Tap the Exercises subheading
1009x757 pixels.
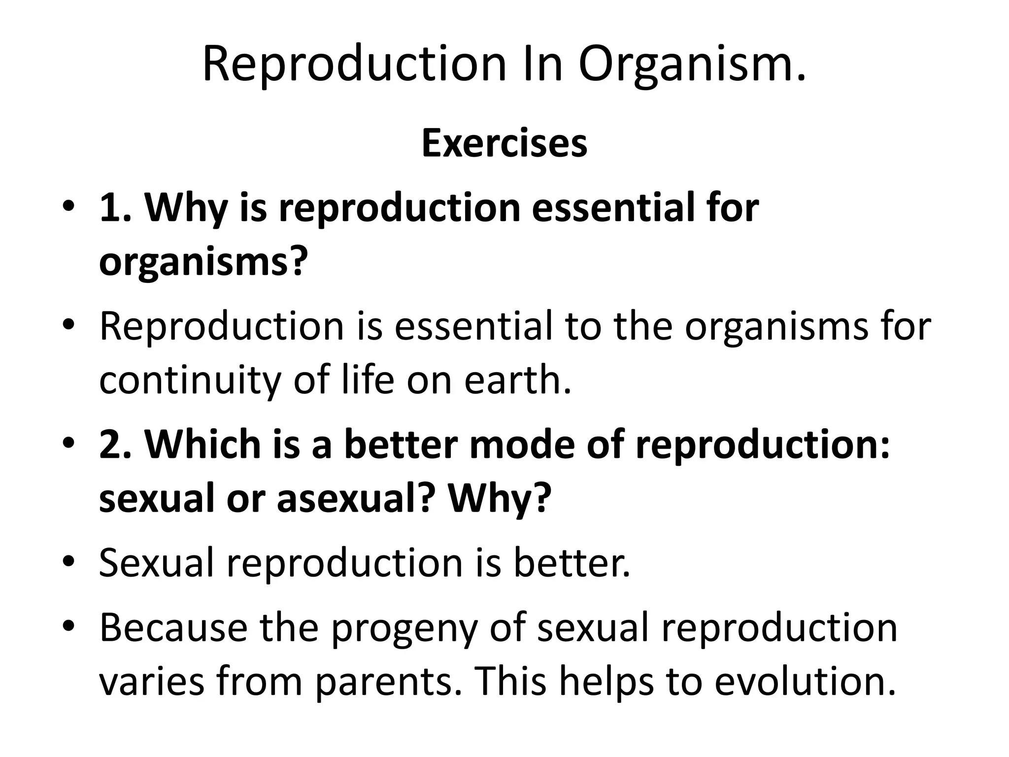504,143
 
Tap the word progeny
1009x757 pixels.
404,629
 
